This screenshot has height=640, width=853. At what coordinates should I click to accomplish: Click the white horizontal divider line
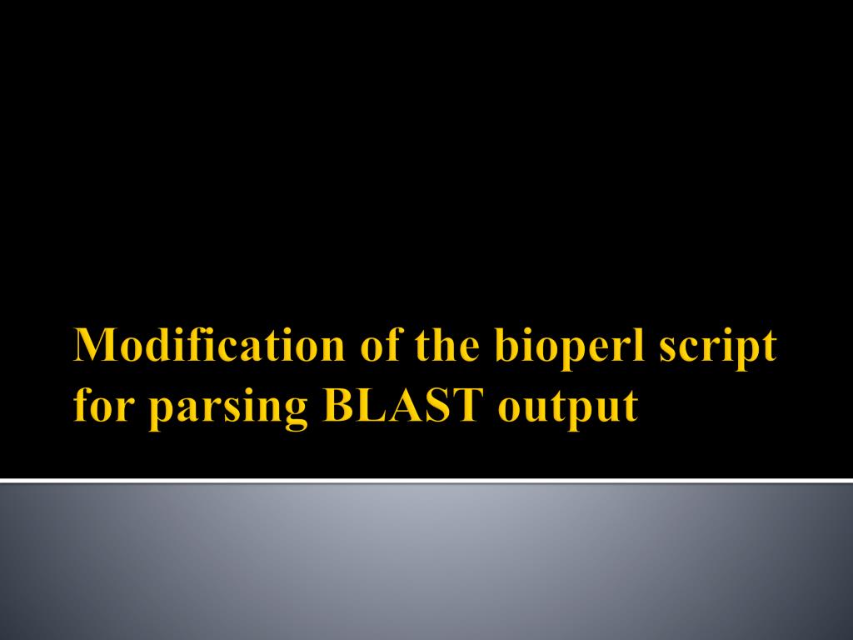[426, 480]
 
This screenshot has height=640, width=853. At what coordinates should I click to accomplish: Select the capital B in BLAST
[337, 407]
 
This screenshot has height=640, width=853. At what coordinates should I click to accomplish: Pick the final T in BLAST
[468, 407]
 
